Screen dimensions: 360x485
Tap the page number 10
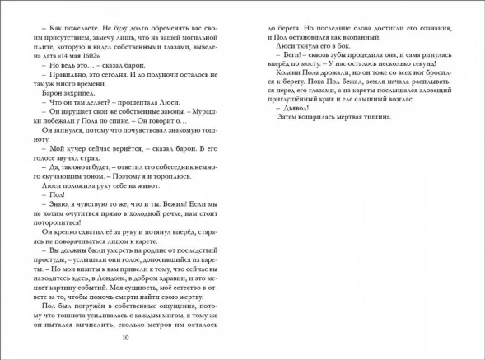click(x=124, y=337)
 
